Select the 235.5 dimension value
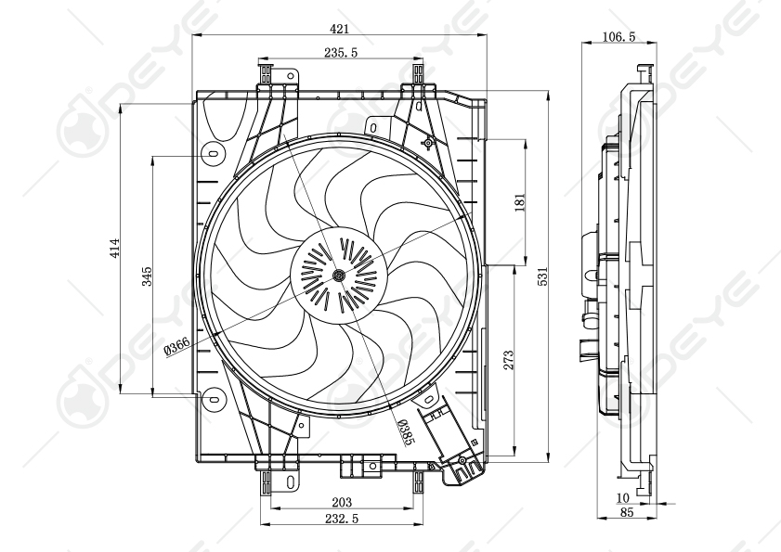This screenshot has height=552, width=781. pyautogui.click(x=342, y=54)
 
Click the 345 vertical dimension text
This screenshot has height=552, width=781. pyautogui.click(x=147, y=276)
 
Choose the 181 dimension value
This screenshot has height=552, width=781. pyautogui.click(x=520, y=201)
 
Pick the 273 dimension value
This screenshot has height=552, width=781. pyautogui.click(x=508, y=361)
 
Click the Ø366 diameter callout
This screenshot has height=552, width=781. pyautogui.click(x=176, y=347)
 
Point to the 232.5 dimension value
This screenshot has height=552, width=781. pyautogui.click(x=342, y=519)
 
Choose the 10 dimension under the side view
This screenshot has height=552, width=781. pyautogui.click(x=622, y=498)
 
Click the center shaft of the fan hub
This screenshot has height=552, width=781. pyautogui.click(x=337, y=275)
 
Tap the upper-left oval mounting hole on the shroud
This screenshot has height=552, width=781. pyautogui.click(x=213, y=153)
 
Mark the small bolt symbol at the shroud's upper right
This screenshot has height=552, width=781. pyautogui.click(x=428, y=142)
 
